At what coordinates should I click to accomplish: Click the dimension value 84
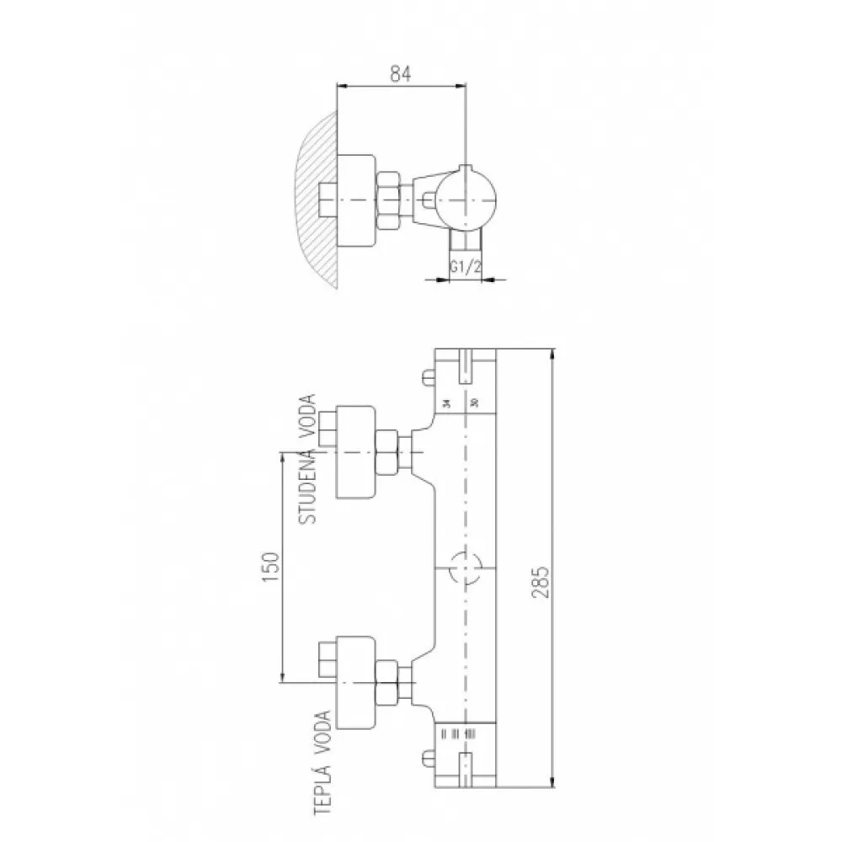(x=400, y=74)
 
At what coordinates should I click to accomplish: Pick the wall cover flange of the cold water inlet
(x=355, y=452)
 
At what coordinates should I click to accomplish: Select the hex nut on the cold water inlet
(x=386, y=452)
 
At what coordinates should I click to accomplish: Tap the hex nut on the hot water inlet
(x=386, y=681)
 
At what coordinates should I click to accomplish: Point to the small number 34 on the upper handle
(x=446, y=402)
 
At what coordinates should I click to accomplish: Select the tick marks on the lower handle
(x=456, y=733)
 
